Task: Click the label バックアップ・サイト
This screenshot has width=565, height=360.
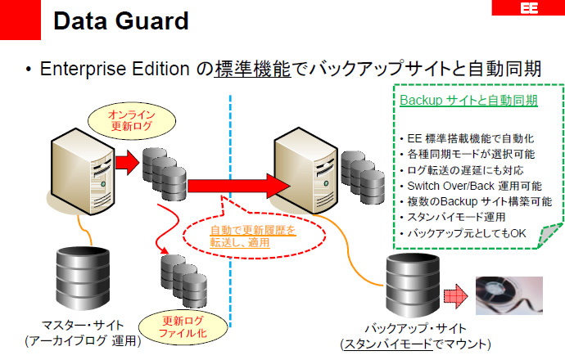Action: (415, 329)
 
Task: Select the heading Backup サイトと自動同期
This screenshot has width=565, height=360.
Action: (468, 101)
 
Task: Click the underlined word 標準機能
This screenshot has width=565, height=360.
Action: (253, 70)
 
